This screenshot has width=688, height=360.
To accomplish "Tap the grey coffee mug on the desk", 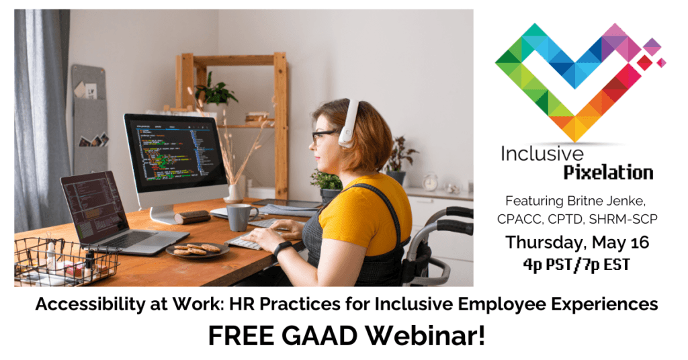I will tap(239, 216).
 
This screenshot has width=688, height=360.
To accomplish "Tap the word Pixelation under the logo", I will tap(607, 173).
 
